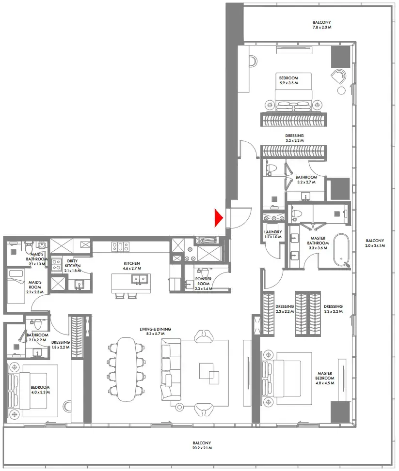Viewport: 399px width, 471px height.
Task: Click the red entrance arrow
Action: [218, 218]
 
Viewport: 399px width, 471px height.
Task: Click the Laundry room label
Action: [273, 234]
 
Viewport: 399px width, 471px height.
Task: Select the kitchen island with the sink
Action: [131, 282]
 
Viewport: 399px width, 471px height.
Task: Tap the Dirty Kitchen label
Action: [73, 263]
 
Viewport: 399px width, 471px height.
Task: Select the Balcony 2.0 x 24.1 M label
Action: [375, 243]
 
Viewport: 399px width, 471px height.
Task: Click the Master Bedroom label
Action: [324, 376]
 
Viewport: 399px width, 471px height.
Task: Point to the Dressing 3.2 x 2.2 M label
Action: [294, 138]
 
